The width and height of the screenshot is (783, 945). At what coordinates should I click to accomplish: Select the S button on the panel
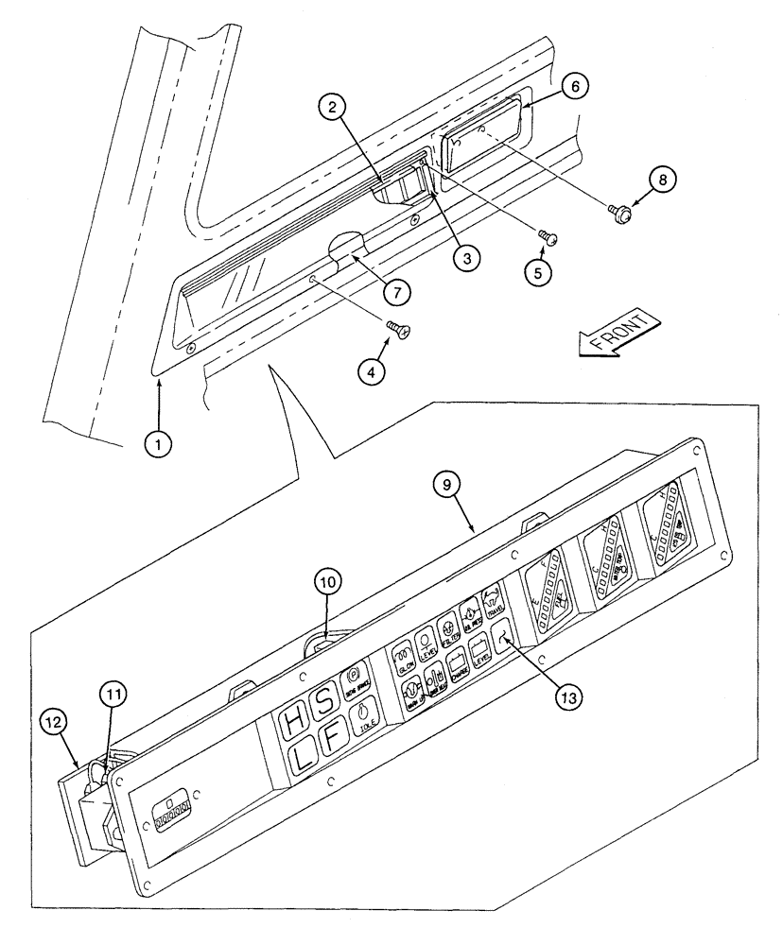pos(324,704)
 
